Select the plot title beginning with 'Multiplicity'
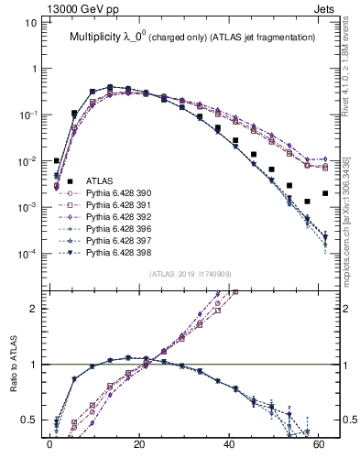191,38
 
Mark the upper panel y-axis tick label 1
33,69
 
